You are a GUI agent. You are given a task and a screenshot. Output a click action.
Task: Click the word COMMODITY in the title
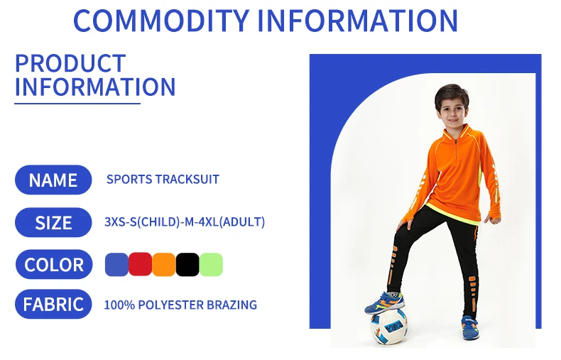161,21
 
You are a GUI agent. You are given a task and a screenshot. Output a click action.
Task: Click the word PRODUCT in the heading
70,63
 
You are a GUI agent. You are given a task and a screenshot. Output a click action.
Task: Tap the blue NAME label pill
53,180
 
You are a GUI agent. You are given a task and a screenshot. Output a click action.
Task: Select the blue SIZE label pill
53,222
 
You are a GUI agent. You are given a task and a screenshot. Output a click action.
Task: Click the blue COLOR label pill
54,264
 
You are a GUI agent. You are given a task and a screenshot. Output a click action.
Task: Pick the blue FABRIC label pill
53,304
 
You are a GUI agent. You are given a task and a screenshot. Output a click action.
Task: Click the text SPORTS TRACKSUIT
163,179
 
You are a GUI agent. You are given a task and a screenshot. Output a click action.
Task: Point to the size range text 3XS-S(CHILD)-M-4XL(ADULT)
185,222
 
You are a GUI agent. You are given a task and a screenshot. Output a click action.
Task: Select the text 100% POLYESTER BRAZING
180,305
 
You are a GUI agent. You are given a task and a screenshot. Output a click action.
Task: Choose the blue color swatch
116,265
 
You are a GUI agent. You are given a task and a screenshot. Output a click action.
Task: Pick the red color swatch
141,264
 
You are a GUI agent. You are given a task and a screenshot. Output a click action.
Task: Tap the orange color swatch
164,265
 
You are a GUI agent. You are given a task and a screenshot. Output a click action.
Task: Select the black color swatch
187,265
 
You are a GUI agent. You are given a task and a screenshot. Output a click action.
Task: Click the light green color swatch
211,265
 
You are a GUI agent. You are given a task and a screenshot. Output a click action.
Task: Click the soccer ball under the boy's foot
388,326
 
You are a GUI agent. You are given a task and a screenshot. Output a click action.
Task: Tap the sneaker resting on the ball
385,302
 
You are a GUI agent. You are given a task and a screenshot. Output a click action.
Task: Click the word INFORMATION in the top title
357,21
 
